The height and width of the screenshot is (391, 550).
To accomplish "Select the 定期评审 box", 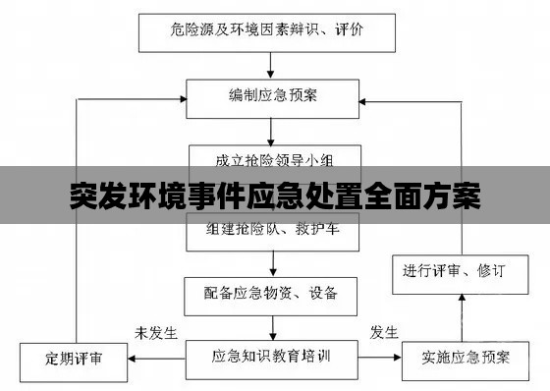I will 73,359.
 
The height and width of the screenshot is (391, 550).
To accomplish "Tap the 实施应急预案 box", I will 461,359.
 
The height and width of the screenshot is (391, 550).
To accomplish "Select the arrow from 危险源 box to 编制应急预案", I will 270,64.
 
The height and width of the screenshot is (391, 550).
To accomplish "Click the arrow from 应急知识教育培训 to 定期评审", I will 157,359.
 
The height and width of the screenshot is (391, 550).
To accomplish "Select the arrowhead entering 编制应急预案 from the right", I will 360,96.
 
